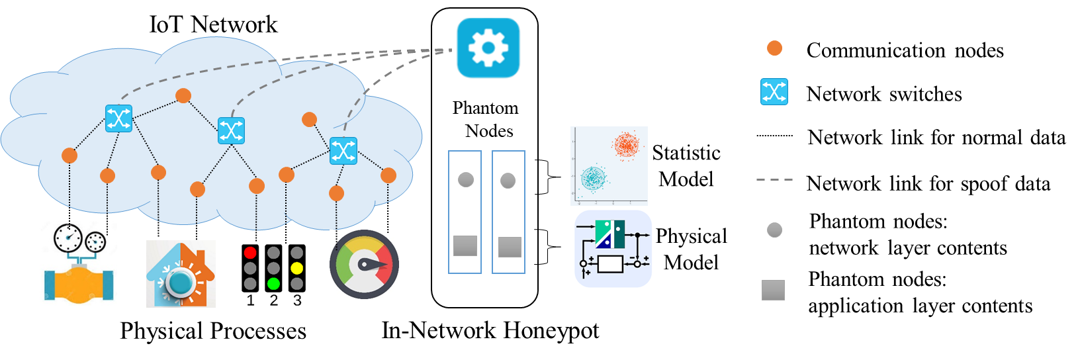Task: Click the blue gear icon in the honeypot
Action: [488, 48]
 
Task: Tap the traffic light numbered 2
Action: [273, 268]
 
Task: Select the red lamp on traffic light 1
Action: [249, 253]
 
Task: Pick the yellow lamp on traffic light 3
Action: [297, 268]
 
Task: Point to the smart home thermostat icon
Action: [181, 274]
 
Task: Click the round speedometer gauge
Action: [364, 264]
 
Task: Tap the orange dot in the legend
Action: [774, 49]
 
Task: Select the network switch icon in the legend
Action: [774, 92]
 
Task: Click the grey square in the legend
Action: [773, 290]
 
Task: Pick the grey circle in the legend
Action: [774, 230]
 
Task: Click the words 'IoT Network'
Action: [213, 24]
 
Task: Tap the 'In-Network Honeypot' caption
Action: [490, 331]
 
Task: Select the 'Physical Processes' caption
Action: [213, 331]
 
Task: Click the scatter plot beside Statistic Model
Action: [609, 166]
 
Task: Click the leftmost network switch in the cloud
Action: [118, 118]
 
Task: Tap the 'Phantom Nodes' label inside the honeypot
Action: [486, 119]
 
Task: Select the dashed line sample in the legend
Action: [775, 180]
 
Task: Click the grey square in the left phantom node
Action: [465, 246]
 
